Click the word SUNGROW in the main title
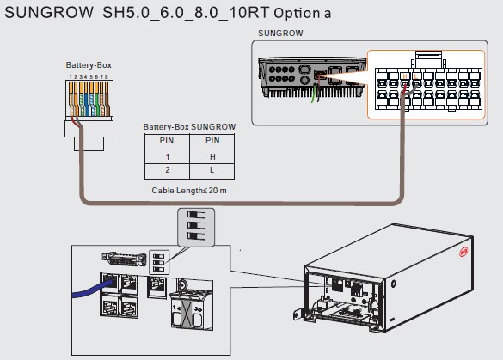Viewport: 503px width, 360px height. tap(49, 13)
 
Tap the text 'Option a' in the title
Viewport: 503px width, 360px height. tap(302, 13)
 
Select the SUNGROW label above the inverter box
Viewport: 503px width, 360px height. tap(280, 34)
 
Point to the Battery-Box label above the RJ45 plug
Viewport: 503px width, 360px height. tap(89, 65)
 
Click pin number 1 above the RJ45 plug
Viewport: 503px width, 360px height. tap(71, 77)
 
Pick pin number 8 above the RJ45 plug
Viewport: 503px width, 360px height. tap(107, 77)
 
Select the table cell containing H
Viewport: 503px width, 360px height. tap(212, 156)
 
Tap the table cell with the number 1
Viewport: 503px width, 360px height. tap(167, 156)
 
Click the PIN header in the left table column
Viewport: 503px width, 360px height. tap(167, 141)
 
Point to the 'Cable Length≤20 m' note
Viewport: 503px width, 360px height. tap(189, 191)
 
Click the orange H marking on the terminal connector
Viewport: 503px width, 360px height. tap(404, 76)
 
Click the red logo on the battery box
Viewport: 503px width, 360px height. tap(463, 252)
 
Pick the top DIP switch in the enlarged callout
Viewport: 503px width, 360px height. tap(196, 215)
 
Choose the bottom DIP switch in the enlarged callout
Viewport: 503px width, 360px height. tap(196, 236)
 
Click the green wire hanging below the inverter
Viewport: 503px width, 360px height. tap(314, 95)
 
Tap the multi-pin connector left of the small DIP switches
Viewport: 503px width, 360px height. tap(124, 259)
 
